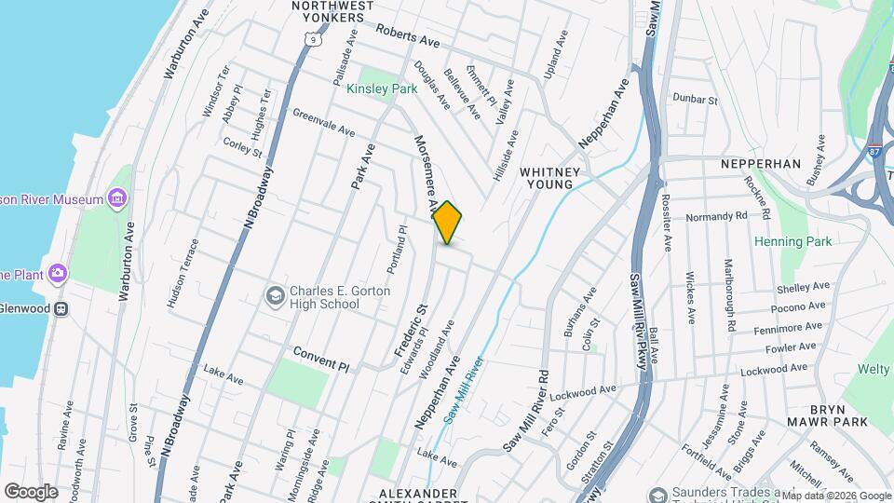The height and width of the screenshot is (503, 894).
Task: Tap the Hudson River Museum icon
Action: point(117,198)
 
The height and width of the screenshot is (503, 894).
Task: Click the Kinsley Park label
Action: point(382,89)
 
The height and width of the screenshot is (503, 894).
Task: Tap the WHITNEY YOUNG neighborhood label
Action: point(550,178)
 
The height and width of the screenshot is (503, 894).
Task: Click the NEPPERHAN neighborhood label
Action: point(761,164)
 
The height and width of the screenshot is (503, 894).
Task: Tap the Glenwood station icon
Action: point(61,308)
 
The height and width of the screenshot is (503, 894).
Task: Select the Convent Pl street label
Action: point(320,359)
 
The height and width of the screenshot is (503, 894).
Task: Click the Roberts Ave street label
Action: point(407,35)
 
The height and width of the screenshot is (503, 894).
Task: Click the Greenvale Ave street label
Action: point(324,122)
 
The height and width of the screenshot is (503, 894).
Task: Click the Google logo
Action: point(31,491)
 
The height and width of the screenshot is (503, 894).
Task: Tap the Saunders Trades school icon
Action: point(658,494)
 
